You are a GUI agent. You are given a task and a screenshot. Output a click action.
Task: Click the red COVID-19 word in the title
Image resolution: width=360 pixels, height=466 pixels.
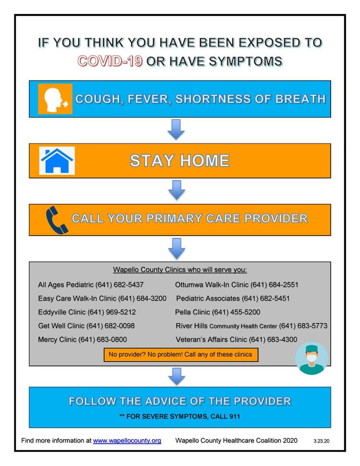110,61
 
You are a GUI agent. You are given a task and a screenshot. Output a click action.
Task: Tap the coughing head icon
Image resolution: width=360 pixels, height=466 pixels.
55,99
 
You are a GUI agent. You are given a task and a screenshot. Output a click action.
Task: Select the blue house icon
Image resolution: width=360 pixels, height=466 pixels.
57,160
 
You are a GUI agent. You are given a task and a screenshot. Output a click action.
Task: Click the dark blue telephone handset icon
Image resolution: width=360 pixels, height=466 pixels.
57,220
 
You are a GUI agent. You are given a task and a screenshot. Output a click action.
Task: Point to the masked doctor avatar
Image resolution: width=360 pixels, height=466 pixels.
312,358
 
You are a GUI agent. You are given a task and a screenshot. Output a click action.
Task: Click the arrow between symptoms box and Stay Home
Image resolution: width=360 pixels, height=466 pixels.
176,129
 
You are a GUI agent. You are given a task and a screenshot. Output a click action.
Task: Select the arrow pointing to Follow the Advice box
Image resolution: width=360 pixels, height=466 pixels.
177,376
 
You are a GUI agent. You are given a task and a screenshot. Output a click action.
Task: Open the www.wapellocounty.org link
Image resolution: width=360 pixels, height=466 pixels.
127,441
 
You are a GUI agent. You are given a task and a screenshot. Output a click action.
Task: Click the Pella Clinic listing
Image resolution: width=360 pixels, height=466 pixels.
217,312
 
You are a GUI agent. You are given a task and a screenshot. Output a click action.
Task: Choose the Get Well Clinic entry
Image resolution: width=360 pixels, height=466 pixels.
86,326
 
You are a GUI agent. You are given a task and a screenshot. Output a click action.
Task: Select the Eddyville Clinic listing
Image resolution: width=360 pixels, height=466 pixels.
87,312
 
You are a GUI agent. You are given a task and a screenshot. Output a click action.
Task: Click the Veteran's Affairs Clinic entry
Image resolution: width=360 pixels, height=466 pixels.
236,339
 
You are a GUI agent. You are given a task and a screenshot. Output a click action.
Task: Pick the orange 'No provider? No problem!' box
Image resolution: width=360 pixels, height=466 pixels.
181,355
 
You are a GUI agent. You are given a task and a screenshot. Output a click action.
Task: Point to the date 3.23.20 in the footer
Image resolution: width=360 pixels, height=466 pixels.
321,441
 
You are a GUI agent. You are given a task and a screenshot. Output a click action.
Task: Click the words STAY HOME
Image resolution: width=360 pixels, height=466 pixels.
180,160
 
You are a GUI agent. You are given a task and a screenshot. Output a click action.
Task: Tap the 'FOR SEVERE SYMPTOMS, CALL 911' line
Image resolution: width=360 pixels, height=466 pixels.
180,417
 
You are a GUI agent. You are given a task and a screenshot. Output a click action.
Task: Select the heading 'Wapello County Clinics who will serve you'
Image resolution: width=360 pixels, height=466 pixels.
180,270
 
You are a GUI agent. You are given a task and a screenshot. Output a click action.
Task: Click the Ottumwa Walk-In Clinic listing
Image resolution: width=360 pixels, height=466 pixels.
237,285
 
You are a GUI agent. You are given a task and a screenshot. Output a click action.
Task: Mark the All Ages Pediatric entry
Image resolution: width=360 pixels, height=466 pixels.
91,285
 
